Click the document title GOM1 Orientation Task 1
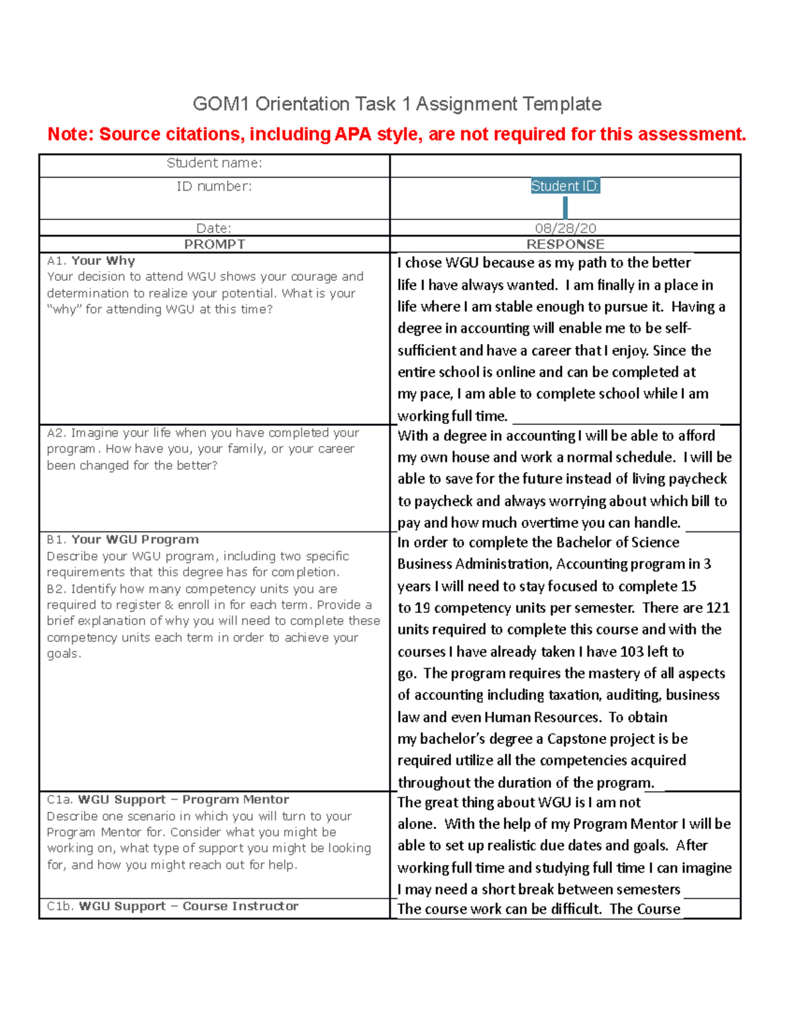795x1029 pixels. tap(397, 104)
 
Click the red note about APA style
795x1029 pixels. tap(397, 135)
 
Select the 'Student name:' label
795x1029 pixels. tap(214, 163)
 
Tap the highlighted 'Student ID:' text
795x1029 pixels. tap(565, 186)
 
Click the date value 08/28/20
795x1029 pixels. tap(565, 228)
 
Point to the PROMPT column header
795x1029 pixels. tap(214, 244)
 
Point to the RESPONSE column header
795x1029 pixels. tap(565, 244)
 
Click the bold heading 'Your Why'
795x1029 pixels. tap(103, 261)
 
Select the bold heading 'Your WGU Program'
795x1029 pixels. tap(135, 539)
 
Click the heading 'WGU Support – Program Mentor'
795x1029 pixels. tap(184, 800)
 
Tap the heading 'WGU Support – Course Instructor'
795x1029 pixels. tap(189, 906)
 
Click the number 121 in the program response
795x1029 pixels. tap(717, 608)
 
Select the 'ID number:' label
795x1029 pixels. tap(214, 187)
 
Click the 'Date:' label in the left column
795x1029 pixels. tap(214, 229)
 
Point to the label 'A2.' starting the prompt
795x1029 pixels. tap(57, 433)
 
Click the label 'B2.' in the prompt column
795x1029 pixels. tap(57, 589)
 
